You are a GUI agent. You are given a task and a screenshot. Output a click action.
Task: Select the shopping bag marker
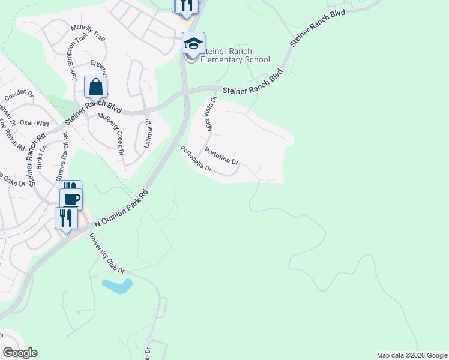[95, 87]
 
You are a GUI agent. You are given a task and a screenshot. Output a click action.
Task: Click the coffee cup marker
[71, 199]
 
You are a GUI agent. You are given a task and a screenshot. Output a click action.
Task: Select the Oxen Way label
[34, 122]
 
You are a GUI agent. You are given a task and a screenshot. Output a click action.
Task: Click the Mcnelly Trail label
[88, 34]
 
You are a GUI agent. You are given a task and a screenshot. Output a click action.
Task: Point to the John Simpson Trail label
[75, 60]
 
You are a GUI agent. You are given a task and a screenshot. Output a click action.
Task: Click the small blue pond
[116, 286]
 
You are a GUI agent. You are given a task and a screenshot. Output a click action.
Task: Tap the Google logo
[20, 353]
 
